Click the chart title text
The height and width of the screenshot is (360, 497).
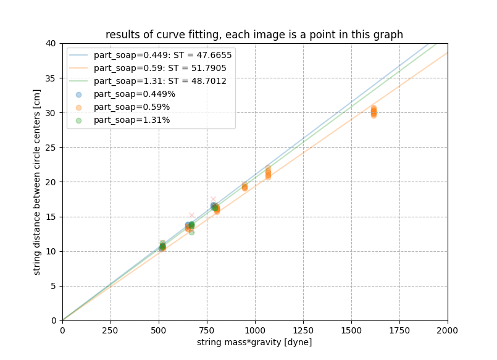(254, 35)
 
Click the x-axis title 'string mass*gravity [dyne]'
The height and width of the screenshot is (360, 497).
(254, 342)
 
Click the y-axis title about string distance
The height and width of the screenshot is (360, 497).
(37, 182)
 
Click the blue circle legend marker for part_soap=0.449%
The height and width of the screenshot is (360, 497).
(78, 94)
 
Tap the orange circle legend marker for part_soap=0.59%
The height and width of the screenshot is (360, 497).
(78, 107)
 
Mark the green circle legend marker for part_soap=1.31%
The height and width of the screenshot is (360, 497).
(78, 120)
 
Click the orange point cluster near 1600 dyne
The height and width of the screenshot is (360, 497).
(374, 111)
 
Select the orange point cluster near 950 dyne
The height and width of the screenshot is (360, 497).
(244, 186)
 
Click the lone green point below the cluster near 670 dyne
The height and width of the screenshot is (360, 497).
(191, 232)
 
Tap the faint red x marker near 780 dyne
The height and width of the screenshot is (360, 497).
(213, 199)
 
